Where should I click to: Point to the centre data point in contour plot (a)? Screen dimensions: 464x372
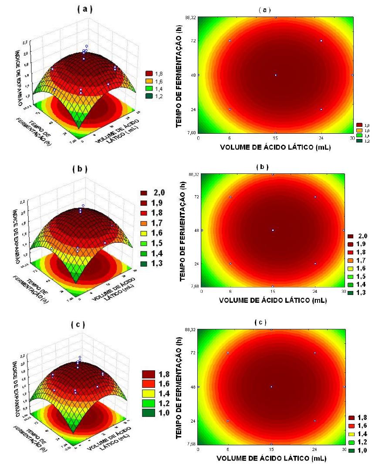(x=275, y=75)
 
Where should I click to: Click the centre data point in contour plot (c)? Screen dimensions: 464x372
(x=271, y=387)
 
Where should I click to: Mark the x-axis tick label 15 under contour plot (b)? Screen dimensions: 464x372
(x=273, y=291)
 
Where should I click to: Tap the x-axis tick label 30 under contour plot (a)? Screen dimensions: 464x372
(x=352, y=138)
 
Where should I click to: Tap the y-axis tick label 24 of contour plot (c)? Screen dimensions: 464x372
(x=192, y=421)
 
